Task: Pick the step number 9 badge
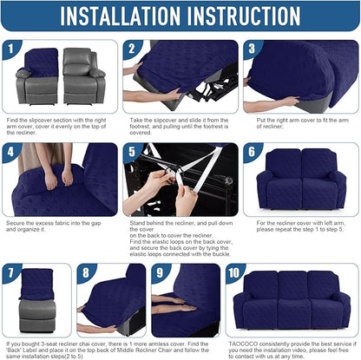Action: click(x=160, y=275)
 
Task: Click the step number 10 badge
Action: click(x=234, y=275)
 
